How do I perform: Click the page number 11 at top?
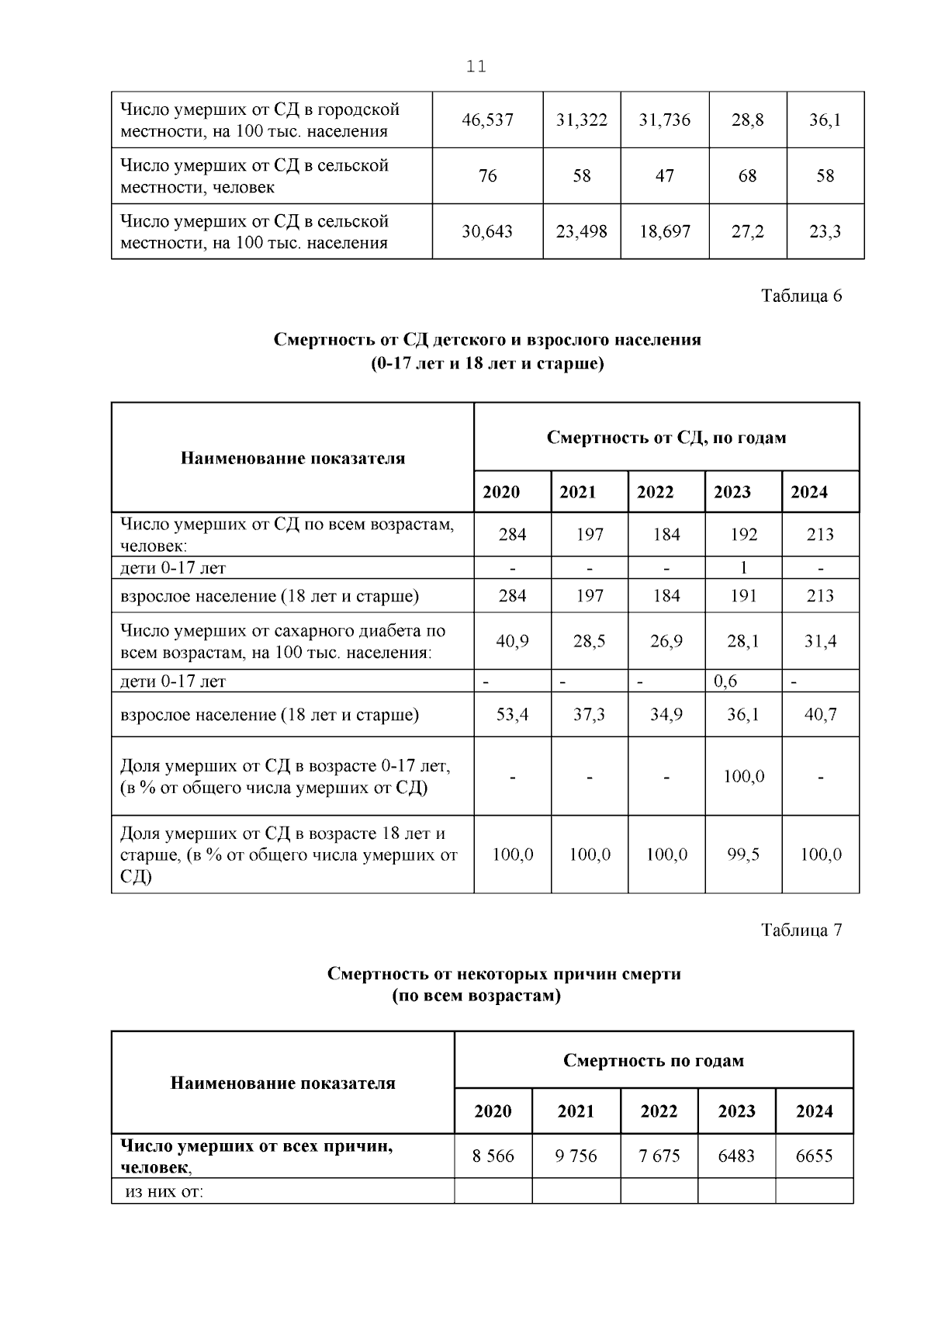click(476, 67)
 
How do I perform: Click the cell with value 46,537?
click(487, 120)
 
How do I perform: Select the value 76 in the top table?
click(487, 176)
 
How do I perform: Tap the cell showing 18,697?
click(664, 231)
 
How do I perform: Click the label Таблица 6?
click(801, 296)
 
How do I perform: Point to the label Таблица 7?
click(801, 930)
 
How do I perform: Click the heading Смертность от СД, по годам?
click(666, 438)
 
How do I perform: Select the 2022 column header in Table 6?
click(655, 492)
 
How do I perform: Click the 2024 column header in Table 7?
click(814, 1111)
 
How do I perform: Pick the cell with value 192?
click(743, 535)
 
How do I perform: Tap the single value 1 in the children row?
click(743, 567)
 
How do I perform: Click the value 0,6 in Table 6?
click(725, 681)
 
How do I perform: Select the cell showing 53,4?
click(512, 714)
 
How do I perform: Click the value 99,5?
click(743, 854)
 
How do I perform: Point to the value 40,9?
click(512, 641)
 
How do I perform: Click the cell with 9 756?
click(576, 1156)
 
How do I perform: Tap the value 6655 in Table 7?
click(814, 1156)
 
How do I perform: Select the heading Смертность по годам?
click(653, 1060)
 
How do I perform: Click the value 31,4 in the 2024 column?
click(820, 641)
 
